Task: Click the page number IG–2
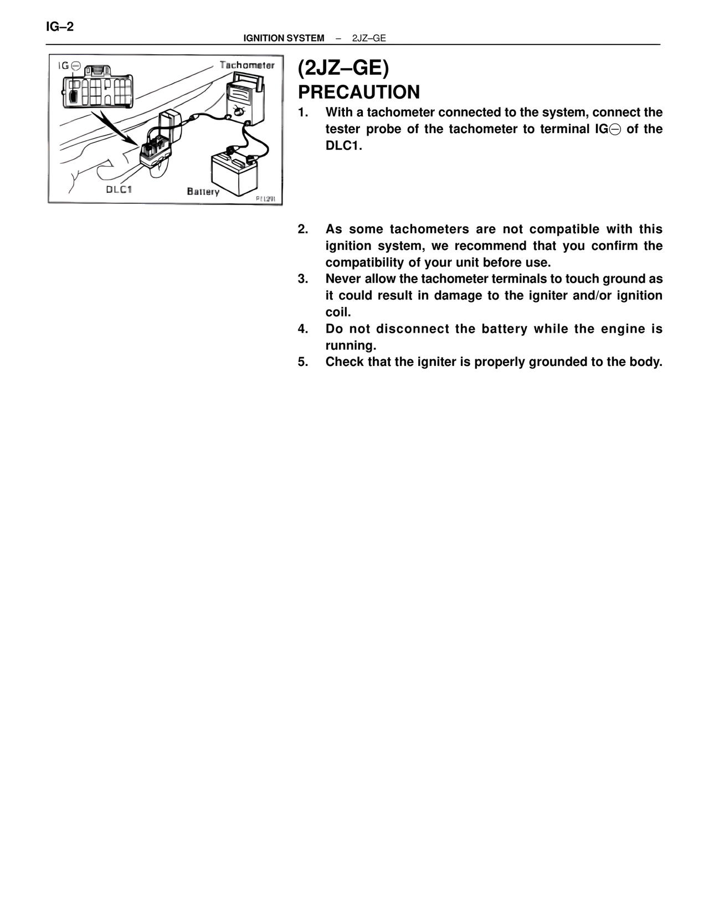click(60, 27)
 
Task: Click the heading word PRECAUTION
click(359, 92)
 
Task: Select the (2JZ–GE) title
click(343, 68)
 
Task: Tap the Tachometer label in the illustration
click(247, 65)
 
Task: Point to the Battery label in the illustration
click(203, 192)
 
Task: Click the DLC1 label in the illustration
click(119, 190)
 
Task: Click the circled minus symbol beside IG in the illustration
click(76, 66)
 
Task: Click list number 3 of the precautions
click(302, 279)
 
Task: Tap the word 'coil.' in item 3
click(338, 312)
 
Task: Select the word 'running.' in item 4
click(351, 345)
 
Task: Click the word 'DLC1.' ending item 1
click(343, 146)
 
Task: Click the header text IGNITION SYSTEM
click(284, 38)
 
